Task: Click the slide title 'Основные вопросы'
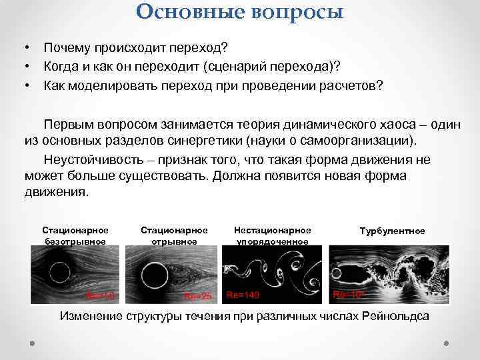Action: pos(240,11)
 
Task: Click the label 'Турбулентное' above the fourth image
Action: pos(392,231)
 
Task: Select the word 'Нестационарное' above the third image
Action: pos(271,230)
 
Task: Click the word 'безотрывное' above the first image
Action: pos(75,241)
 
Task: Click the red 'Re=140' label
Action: pos(243,295)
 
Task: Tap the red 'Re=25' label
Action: pos(197,295)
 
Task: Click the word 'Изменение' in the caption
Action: pos(88,316)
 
